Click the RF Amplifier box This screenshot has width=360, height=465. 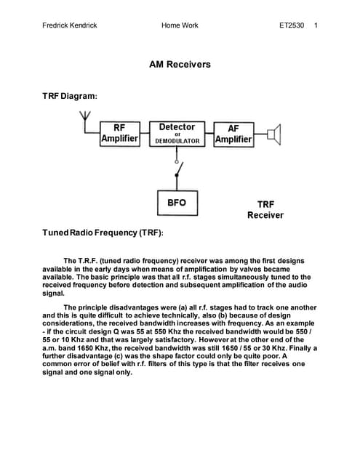(119, 134)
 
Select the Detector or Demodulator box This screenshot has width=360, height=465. (177, 134)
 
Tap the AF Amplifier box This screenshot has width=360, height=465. (233, 134)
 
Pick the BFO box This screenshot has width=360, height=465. (177, 202)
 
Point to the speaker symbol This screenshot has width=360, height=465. (273, 134)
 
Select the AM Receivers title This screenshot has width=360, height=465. (180, 65)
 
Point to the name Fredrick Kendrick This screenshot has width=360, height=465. (71, 26)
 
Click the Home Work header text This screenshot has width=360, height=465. (180, 26)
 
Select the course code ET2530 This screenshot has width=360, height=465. (292, 26)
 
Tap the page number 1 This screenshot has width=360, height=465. (316, 26)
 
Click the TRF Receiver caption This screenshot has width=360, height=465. (265, 210)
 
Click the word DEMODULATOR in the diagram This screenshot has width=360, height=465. (177, 141)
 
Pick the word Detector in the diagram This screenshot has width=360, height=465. (177, 126)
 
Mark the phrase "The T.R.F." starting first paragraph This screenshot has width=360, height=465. (80, 260)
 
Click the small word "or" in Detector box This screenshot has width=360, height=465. (177, 134)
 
